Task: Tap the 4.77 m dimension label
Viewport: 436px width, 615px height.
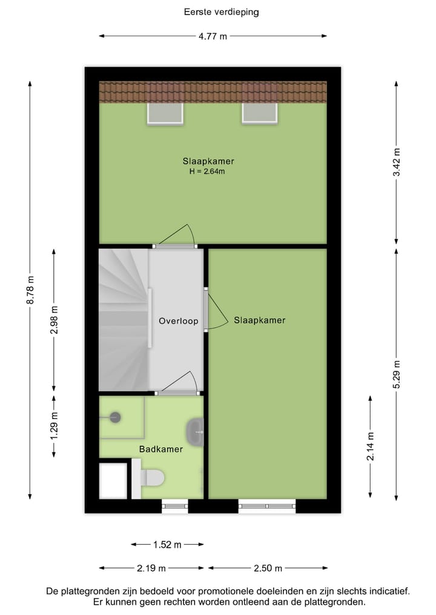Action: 213,36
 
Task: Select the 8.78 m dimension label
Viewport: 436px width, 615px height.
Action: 30,291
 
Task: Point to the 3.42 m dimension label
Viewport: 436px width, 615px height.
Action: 397,162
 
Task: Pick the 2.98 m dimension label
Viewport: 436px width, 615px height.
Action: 54,319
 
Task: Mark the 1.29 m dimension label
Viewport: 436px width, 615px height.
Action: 54,423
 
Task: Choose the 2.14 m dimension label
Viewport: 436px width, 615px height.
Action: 370,446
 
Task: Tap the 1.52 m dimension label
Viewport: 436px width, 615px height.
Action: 167,545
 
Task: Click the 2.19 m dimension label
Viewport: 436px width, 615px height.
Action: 151,568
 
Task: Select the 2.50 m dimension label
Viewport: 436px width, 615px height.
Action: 267,568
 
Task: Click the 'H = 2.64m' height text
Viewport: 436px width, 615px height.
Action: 208,172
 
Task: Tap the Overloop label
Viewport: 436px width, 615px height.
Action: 179,321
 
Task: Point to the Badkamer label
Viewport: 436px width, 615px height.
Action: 160,449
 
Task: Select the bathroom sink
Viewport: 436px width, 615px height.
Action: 195,431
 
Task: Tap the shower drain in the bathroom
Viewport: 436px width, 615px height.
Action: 115,417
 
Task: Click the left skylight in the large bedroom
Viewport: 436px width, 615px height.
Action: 165,113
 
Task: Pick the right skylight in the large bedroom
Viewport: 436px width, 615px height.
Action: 260,113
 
